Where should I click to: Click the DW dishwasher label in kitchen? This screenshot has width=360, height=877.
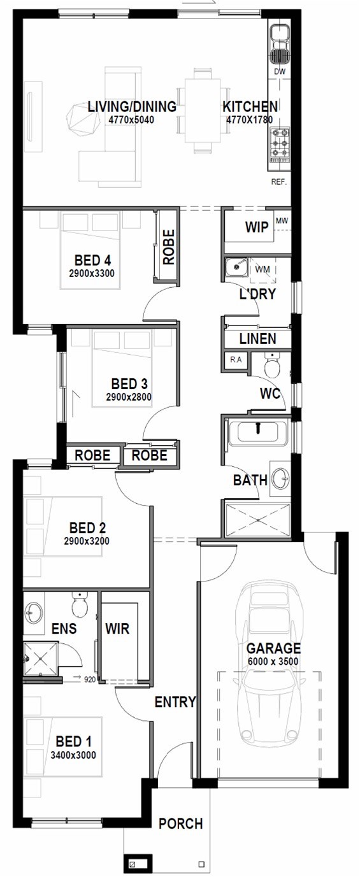[x=280, y=71]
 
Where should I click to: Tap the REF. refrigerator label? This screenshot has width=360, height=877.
[x=279, y=182]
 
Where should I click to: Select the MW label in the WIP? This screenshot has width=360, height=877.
[x=282, y=221]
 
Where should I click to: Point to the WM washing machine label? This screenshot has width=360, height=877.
[x=262, y=269]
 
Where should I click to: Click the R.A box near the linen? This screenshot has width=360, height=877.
[x=236, y=360]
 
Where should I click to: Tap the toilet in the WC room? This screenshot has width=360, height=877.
[x=272, y=365]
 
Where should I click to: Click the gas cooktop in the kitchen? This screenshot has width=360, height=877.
[x=280, y=145]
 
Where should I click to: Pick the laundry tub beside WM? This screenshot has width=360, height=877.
[x=236, y=267]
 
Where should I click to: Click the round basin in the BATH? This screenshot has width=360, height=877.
[x=280, y=478]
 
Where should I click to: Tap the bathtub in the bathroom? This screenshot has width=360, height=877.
[x=258, y=432]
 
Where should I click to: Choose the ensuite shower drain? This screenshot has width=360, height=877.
[x=40, y=659]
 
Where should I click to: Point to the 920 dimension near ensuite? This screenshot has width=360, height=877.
[x=90, y=680]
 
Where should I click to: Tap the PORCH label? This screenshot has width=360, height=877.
[x=180, y=824]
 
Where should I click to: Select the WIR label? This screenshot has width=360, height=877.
[x=117, y=629]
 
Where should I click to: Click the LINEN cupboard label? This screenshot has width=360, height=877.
[x=258, y=339]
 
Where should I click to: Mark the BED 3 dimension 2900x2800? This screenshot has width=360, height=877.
[x=129, y=397]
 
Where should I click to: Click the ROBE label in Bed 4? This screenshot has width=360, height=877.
[x=169, y=247]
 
